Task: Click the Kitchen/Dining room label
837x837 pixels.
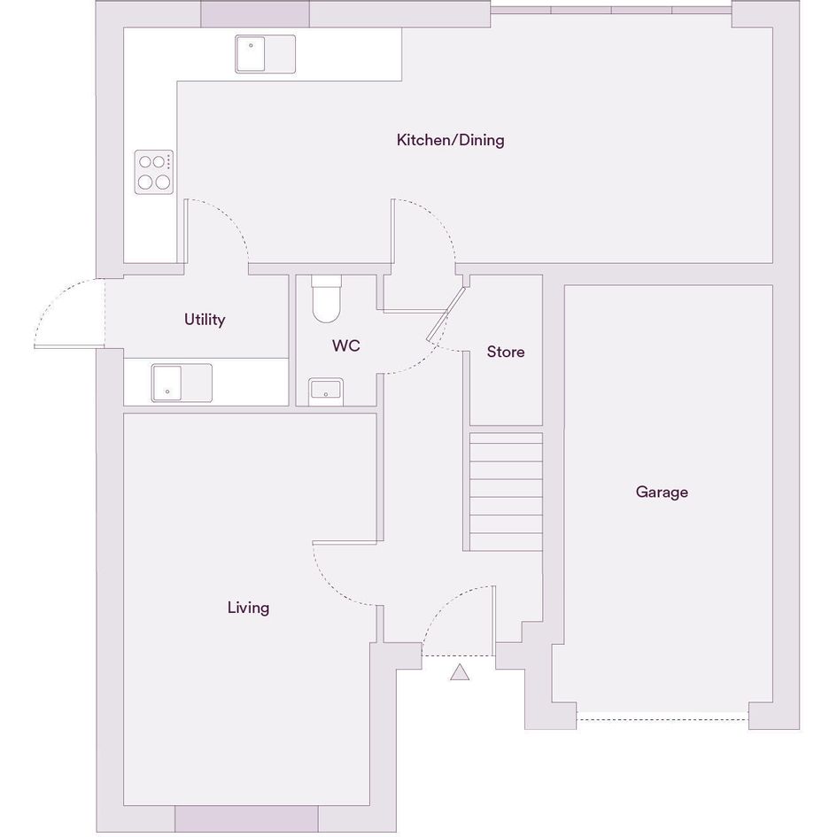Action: [x=450, y=140]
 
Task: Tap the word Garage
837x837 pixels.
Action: [x=662, y=492]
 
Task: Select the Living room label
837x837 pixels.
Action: [x=248, y=608]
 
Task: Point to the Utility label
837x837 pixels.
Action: [x=205, y=319]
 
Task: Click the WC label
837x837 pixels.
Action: [x=346, y=345]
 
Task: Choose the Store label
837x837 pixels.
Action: [x=506, y=352]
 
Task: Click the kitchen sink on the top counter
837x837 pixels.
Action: [x=266, y=54]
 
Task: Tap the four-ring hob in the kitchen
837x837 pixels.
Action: [x=154, y=172]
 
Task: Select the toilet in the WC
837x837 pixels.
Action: [x=326, y=299]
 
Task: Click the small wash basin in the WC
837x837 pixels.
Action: [x=326, y=391]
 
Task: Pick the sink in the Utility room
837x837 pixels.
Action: [x=182, y=383]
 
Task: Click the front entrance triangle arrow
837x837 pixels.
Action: [x=460, y=672]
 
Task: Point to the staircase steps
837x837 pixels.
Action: [x=506, y=492]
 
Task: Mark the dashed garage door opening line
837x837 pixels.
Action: [x=663, y=719]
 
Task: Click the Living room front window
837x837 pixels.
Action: [x=246, y=818]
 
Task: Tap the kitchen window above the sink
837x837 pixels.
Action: [x=255, y=14]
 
